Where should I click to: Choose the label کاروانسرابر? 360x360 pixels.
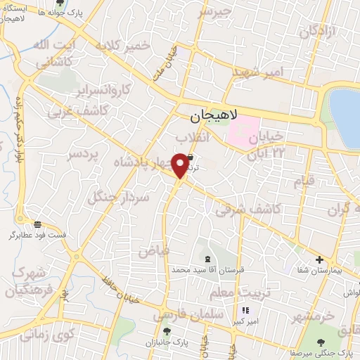point(103,91)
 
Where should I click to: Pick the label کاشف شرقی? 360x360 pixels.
point(247,209)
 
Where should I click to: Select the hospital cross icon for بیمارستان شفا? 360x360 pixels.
point(319,260)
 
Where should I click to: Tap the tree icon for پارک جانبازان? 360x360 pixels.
point(166,330)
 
